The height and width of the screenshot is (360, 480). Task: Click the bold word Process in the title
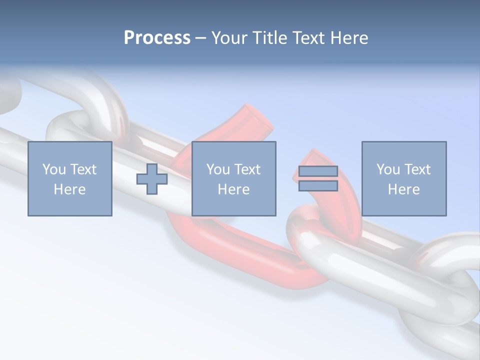(x=157, y=38)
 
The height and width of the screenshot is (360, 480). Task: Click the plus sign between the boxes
(x=152, y=179)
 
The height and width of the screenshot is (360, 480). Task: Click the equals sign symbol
(x=318, y=179)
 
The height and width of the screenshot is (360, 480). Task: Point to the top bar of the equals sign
(x=318, y=171)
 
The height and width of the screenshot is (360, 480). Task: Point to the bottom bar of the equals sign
(x=318, y=186)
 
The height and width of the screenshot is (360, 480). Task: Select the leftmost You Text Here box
(x=70, y=178)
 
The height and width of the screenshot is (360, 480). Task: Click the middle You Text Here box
(x=234, y=178)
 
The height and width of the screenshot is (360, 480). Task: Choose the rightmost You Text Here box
(x=404, y=178)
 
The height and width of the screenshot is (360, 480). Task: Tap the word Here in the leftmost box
(x=70, y=189)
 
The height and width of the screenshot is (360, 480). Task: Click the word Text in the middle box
(x=247, y=169)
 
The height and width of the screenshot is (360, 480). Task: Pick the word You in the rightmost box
(x=388, y=169)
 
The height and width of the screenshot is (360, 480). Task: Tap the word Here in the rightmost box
(x=404, y=189)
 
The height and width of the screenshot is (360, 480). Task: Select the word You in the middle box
(x=218, y=169)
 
